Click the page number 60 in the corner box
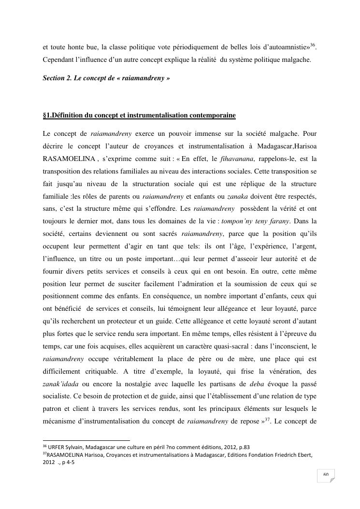(326, 475)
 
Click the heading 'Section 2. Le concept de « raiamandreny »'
(106, 78)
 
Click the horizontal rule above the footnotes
(86, 440)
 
